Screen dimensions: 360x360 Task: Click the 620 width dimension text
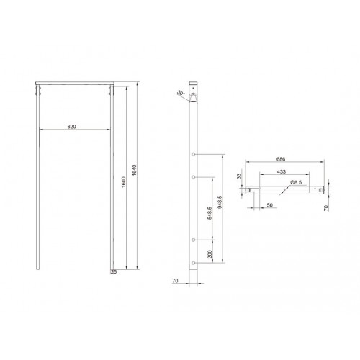tap(72, 127)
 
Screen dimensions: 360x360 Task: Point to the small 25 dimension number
tap(114, 272)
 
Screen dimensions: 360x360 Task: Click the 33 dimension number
tap(240, 176)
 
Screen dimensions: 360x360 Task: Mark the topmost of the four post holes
tap(196, 156)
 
